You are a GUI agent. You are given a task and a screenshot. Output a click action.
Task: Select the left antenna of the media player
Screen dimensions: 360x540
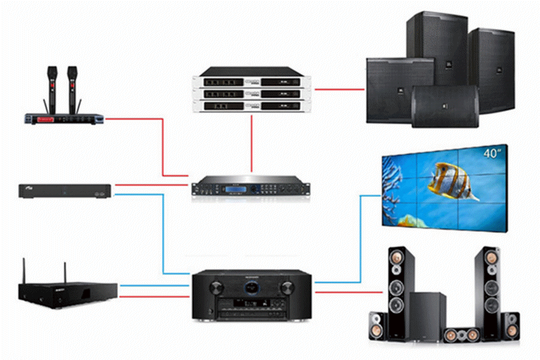26,270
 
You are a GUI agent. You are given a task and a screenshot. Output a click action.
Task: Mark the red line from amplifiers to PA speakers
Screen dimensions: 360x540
340,89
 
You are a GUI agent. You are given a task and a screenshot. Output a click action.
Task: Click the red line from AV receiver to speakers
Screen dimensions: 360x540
348,292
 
